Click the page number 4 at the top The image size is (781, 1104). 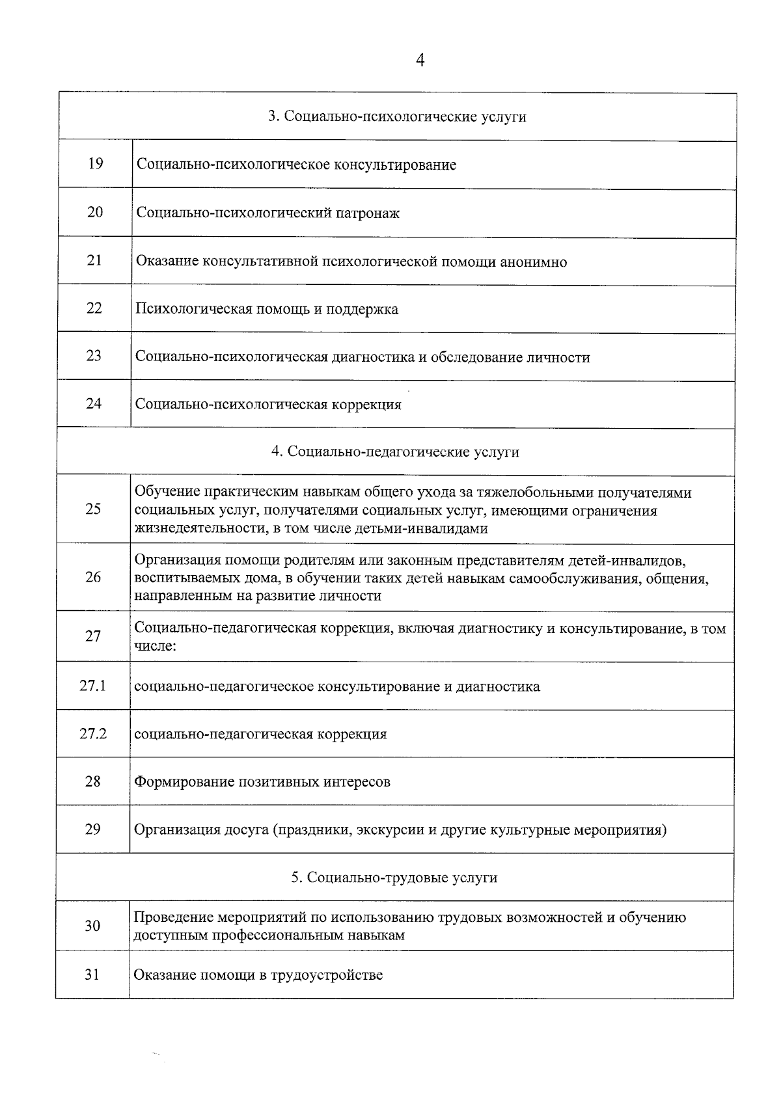click(x=420, y=61)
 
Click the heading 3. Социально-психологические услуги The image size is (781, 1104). click(x=397, y=117)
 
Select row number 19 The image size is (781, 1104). click(x=95, y=164)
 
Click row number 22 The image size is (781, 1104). click(x=94, y=308)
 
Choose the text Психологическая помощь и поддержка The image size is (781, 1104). click(x=267, y=310)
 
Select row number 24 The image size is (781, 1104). click(x=94, y=404)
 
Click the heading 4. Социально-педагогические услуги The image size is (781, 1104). click(x=395, y=452)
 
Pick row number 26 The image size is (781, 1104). click(x=93, y=577)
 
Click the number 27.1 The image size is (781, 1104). click(x=93, y=686)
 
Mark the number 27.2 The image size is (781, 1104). click(x=93, y=734)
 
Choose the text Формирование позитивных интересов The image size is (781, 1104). click(x=262, y=782)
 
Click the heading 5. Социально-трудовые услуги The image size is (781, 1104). click(x=394, y=878)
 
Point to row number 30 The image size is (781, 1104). click(x=92, y=926)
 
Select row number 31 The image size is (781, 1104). click(x=92, y=975)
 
